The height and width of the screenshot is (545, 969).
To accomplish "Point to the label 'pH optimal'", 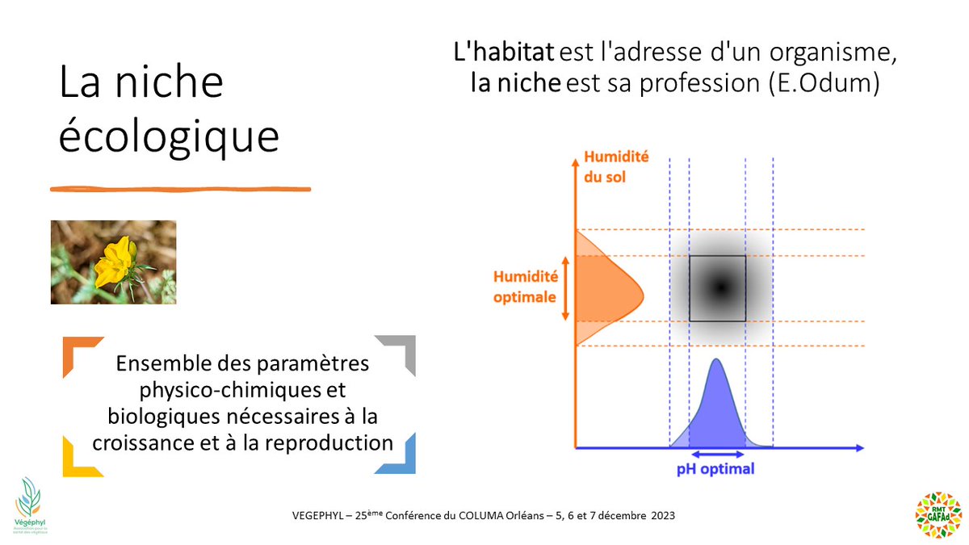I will (715, 468).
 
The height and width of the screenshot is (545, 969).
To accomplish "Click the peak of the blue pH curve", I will (716, 361).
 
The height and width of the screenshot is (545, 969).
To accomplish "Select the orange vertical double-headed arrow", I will (564, 288).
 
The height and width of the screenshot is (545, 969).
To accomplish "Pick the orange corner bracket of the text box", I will (78, 352).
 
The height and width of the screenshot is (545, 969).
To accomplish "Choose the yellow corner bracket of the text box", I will (78, 459).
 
